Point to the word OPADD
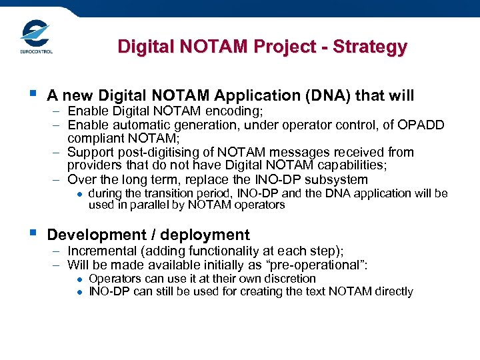423,125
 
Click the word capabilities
362,165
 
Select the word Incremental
102,251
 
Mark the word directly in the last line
390,291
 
